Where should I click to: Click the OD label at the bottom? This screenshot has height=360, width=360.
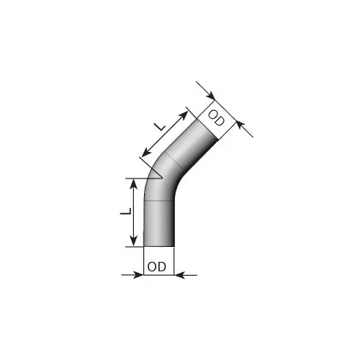click(x=157, y=266)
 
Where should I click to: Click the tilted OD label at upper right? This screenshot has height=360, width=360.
click(x=216, y=118)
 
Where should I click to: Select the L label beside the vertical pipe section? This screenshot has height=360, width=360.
click(x=126, y=211)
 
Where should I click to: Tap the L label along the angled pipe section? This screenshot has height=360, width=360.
click(x=159, y=126)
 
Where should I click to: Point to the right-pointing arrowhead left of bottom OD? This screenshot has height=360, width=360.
click(x=138, y=275)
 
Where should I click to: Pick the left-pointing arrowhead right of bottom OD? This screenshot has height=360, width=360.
click(x=179, y=275)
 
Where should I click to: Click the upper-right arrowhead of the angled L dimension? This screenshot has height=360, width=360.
click(x=184, y=115)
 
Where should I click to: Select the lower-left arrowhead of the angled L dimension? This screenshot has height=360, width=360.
click(x=145, y=153)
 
